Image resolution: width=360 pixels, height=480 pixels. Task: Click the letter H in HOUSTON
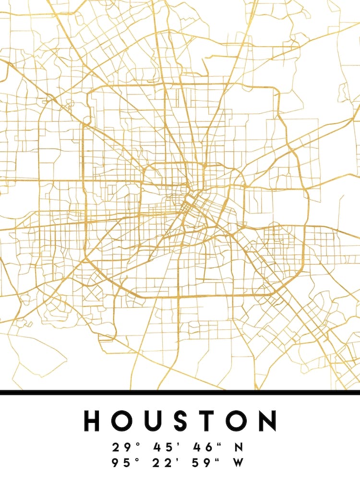94,420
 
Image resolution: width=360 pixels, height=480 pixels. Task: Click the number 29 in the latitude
121,447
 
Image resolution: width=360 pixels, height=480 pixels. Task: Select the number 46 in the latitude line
202,447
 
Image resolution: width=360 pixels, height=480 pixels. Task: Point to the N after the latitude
238,447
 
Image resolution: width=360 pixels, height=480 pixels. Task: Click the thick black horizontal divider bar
180,392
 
